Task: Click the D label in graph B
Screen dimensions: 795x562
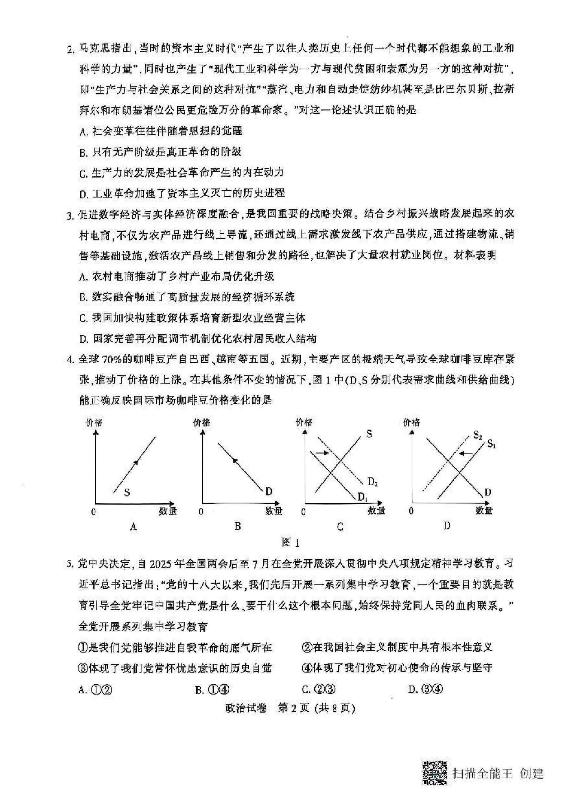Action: pyautogui.click(x=269, y=491)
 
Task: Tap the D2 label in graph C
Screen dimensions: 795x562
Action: pyautogui.click(x=372, y=482)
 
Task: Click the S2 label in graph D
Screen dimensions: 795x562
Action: pyautogui.click(x=478, y=435)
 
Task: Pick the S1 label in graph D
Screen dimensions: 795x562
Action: pyautogui.click(x=491, y=444)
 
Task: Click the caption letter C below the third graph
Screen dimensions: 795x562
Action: pyautogui.click(x=340, y=527)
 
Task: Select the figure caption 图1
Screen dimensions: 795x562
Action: pyautogui.click(x=290, y=542)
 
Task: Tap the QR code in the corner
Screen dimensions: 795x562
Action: pyautogui.click(x=434, y=773)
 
